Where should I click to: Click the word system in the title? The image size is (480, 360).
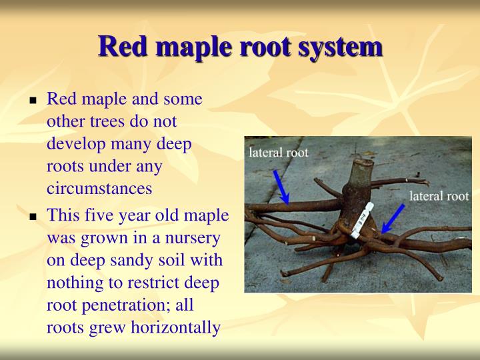coord(344,47)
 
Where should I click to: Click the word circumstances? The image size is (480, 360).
coord(99,188)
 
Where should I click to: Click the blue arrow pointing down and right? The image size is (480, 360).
coord(281,186)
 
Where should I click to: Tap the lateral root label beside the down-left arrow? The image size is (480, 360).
coord(439,196)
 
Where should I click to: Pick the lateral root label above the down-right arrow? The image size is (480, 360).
coord(279,153)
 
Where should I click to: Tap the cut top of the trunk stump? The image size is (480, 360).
coord(363,162)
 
